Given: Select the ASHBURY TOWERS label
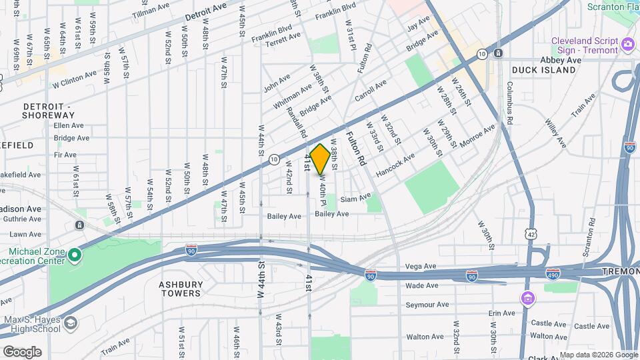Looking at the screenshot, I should click(180, 289).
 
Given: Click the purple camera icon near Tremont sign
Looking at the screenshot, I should click(627, 45).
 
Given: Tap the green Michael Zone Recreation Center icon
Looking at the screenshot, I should click(75, 255).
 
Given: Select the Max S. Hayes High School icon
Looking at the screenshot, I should click(70, 323).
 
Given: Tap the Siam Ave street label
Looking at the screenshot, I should click(355, 199).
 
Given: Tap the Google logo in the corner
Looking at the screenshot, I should click(22, 351).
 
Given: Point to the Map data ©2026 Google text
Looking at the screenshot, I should click(598, 355).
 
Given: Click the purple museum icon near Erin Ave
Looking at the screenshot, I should click(528, 297).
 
